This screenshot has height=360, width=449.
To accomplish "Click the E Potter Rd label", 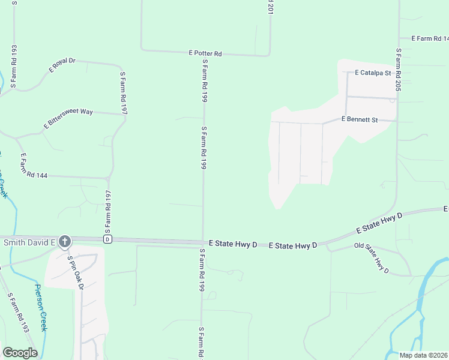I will [x=205, y=53].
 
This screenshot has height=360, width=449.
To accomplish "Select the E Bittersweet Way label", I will [x=68, y=119].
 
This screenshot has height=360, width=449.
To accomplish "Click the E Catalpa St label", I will [x=373, y=73].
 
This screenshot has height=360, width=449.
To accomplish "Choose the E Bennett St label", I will [x=359, y=119].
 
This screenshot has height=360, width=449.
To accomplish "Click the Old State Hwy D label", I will [x=372, y=259].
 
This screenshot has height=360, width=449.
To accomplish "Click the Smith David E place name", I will [x=29, y=242].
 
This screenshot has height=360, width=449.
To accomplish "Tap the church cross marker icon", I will [x=65, y=242].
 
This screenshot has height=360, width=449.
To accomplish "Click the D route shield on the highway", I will [x=107, y=239].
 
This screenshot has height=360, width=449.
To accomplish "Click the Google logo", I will [x=20, y=353].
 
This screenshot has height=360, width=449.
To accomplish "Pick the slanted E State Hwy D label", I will [x=379, y=222].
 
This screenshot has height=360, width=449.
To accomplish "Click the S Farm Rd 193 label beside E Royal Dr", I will [x=13, y=66].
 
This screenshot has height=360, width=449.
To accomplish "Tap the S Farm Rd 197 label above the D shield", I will [x=108, y=211].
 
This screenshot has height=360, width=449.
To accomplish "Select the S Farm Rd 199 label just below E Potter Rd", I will [x=205, y=79].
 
